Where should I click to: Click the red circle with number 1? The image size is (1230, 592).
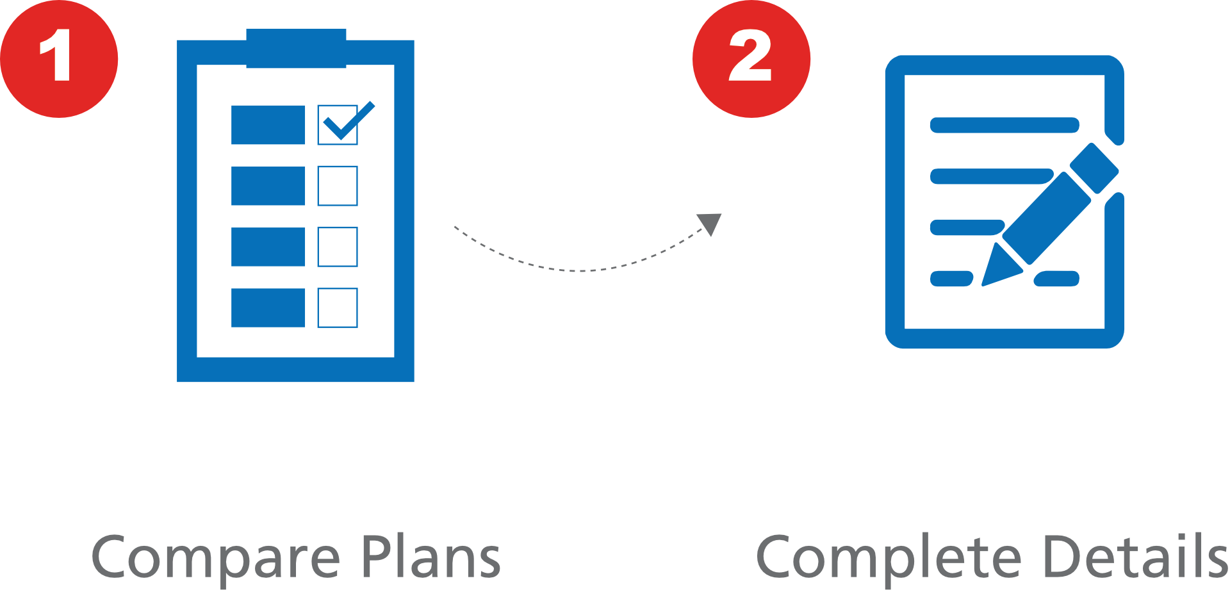[59, 59]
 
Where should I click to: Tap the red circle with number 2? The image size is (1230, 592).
[751, 59]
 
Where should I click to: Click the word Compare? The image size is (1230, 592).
[215, 557]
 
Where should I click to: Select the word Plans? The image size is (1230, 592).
[430, 556]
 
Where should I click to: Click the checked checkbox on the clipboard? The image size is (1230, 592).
[338, 126]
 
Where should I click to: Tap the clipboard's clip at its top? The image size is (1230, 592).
[296, 47]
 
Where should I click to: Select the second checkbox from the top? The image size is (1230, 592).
[338, 186]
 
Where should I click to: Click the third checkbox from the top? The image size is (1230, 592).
[338, 247]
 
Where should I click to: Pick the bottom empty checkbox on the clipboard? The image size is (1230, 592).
[338, 308]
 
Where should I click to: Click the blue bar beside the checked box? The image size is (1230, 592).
[268, 125]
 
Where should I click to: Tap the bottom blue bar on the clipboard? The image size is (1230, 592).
[268, 308]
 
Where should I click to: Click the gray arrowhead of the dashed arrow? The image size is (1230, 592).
[711, 222]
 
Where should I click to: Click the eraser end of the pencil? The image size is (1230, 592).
[1094, 168]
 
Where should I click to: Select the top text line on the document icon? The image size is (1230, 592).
[1004, 125]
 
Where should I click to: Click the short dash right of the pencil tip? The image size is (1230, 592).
[1056, 279]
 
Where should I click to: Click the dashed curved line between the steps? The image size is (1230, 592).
[577, 270]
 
